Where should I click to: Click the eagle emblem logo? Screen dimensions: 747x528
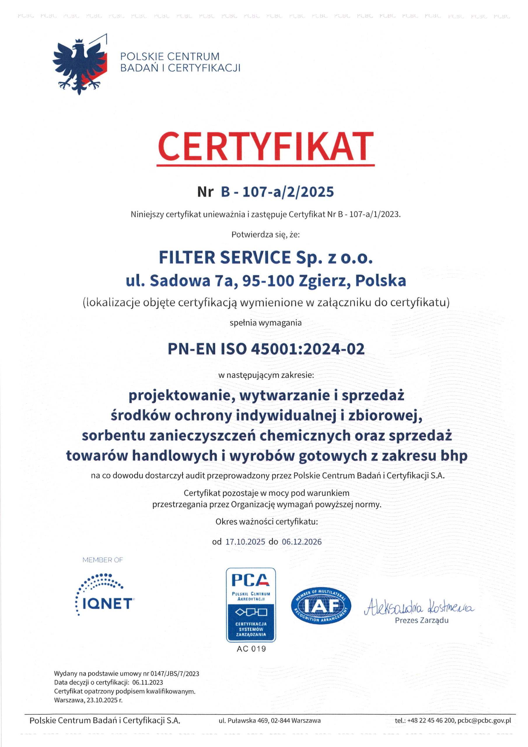(80, 64)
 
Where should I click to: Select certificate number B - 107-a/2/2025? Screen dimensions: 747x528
(277, 192)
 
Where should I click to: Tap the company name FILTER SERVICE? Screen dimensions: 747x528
(225, 258)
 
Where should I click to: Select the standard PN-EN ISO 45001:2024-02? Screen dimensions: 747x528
(266, 349)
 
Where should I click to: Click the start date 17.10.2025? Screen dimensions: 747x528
(245, 542)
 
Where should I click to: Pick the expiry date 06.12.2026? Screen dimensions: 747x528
(302, 542)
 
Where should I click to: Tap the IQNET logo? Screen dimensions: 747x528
(104, 595)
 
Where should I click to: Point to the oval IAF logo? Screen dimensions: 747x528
(321, 605)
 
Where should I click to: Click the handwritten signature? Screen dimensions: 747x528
(419, 607)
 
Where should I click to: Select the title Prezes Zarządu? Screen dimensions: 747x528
(422, 620)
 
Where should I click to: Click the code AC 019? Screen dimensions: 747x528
(251, 649)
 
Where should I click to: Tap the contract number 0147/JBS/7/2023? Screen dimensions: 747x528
(175, 673)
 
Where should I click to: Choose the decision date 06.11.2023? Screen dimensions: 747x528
(147, 682)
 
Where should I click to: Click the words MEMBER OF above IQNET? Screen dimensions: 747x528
(102, 560)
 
